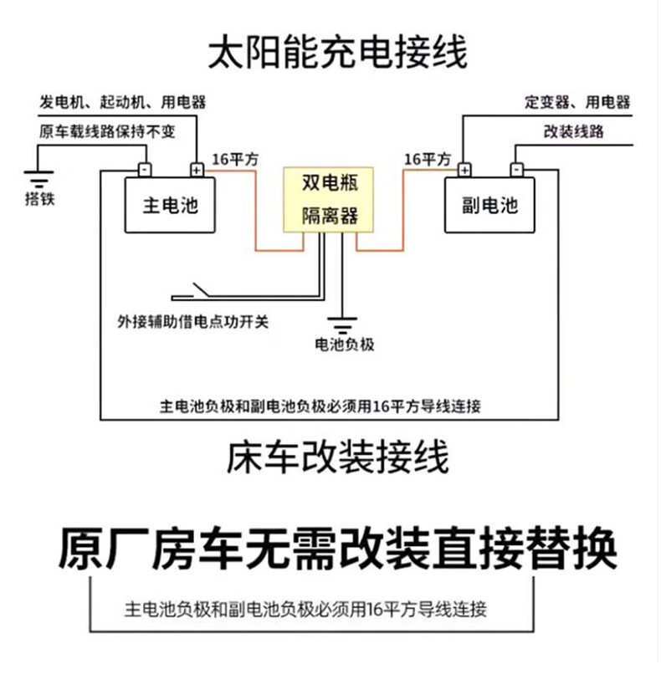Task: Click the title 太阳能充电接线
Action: (x=337, y=52)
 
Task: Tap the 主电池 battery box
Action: (x=170, y=205)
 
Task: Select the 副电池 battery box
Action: (x=489, y=205)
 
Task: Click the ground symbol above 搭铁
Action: (x=38, y=178)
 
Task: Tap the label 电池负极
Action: (x=343, y=344)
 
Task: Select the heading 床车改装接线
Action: (x=337, y=457)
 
